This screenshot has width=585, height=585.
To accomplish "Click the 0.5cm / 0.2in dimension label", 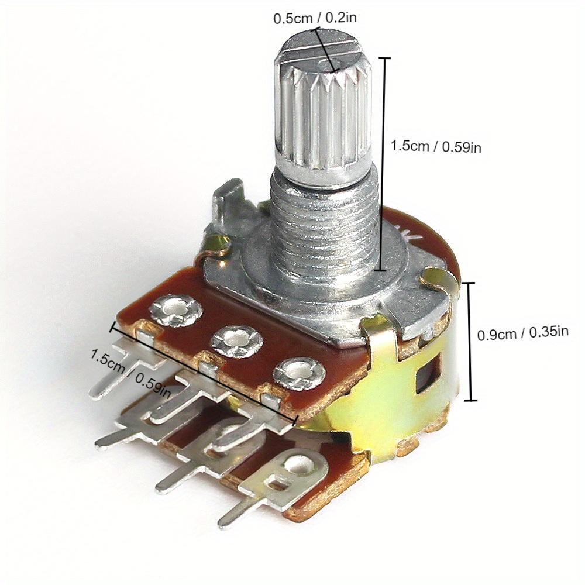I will pyautogui.click(x=315, y=18).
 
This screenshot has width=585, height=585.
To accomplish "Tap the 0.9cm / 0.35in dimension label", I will pyautogui.click(x=523, y=334).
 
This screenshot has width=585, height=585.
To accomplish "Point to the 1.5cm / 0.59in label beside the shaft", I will pyautogui.click(x=436, y=147).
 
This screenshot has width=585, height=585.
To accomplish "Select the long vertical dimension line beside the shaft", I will pyautogui.click(x=384, y=164).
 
